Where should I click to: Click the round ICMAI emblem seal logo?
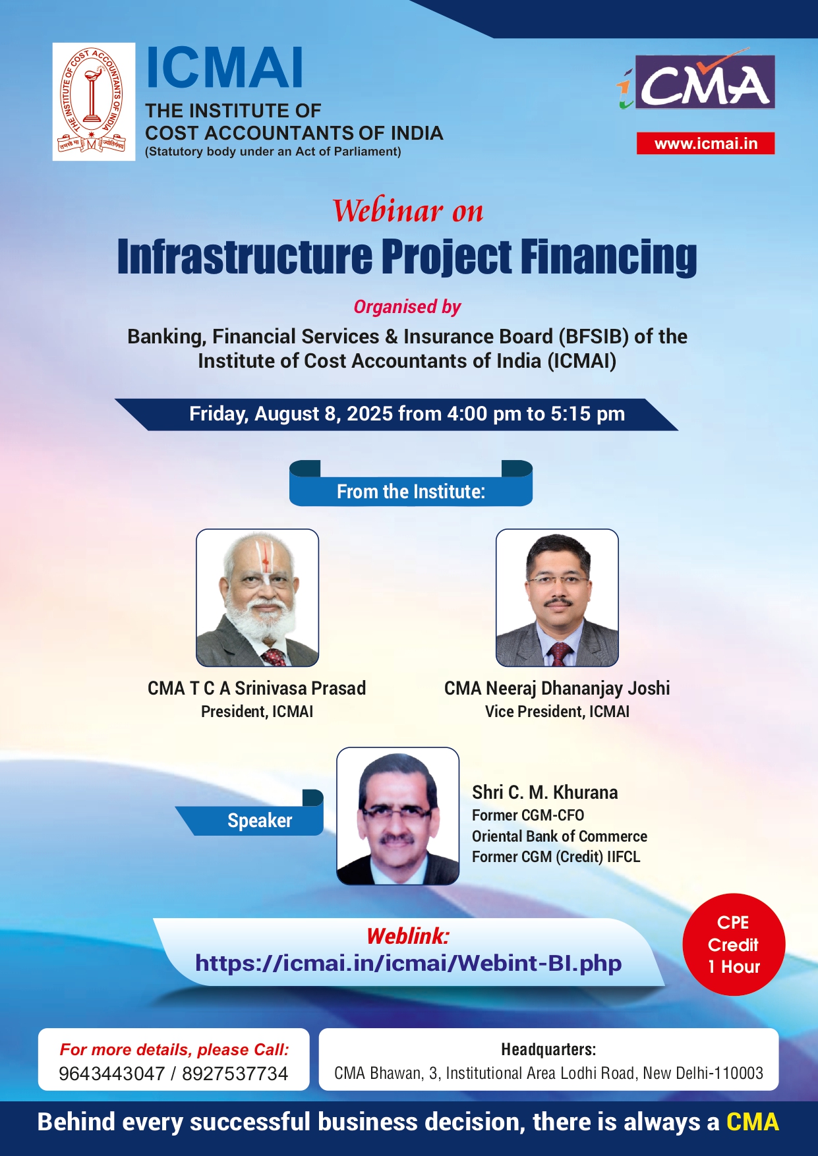94,101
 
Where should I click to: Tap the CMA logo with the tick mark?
696,80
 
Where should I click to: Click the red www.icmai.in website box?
705,144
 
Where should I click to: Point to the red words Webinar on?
408,211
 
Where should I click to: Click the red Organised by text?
407,307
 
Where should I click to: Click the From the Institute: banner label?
411,492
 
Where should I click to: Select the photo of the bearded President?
257,598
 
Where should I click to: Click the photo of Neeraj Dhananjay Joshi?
557,598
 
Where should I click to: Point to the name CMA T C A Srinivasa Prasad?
256,688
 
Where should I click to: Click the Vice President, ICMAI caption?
557,712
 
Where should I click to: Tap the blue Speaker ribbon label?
260,821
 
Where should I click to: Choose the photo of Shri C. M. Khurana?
397,816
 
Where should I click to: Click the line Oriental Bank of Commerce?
560,836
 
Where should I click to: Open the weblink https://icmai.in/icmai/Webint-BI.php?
408,964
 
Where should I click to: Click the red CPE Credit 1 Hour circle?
734,944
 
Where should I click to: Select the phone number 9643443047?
111,1074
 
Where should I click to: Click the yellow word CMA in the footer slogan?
752,1122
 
